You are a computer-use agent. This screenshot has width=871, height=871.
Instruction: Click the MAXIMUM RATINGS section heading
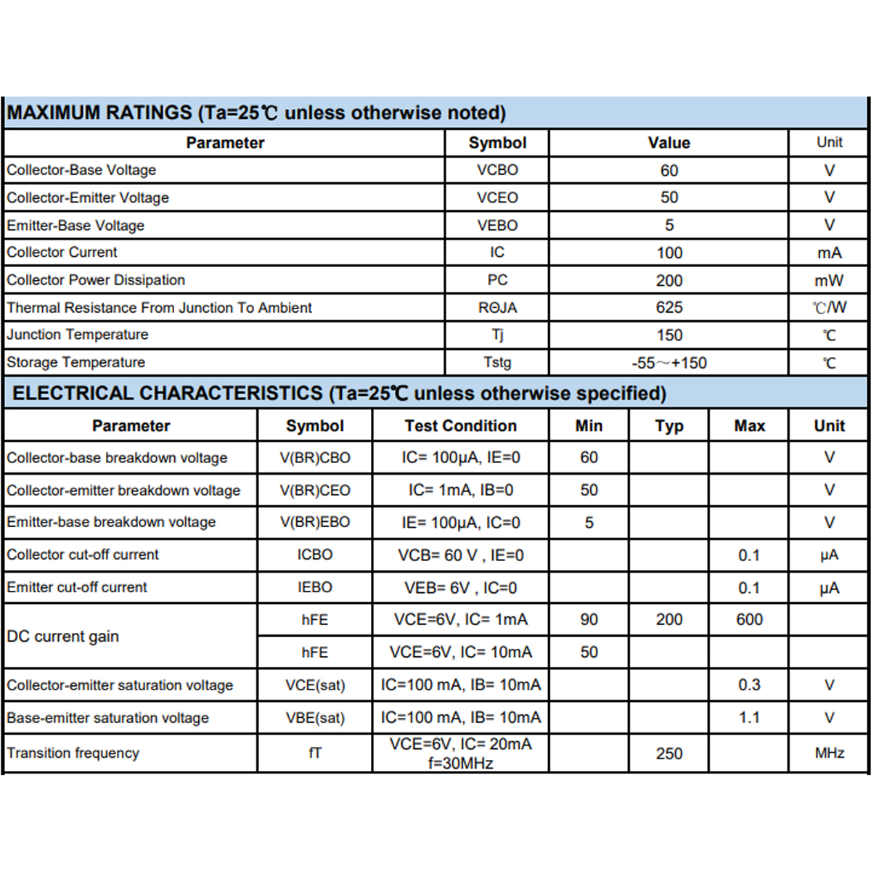pyautogui.click(x=256, y=113)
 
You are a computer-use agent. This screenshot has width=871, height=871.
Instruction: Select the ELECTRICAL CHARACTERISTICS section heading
pyautogui.click(x=339, y=393)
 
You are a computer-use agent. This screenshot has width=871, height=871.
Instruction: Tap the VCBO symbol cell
pyautogui.click(x=497, y=170)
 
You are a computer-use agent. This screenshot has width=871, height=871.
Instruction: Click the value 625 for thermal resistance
pyautogui.click(x=668, y=308)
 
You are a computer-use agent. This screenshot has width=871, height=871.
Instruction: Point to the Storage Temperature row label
pyautogui.click(x=76, y=362)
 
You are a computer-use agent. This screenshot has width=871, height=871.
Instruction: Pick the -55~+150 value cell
pyautogui.click(x=668, y=363)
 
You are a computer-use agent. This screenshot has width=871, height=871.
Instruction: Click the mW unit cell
pyautogui.click(x=829, y=280)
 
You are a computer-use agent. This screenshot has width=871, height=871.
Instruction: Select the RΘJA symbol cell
pyautogui.click(x=497, y=308)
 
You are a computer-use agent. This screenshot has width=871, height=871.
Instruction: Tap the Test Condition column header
pyautogui.click(x=460, y=426)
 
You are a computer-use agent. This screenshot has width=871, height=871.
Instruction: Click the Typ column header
pyautogui.click(x=668, y=426)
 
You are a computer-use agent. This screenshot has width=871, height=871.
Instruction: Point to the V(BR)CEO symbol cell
pyautogui.click(x=315, y=491)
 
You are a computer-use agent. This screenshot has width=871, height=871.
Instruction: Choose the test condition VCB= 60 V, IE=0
pyautogui.click(x=460, y=555)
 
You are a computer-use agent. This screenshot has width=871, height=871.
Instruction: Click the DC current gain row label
pyautogui.click(x=63, y=637)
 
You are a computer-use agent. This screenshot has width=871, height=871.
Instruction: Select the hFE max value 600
pyautogui.click(x=749, y=620)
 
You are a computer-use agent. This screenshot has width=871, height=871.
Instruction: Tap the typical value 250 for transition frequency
pyautogui.click(x=668, y=753)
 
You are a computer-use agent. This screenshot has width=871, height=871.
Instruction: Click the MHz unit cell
pyautogui.click(x=829, y=753)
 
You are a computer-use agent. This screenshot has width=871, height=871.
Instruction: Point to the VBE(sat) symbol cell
pyautogui.click(x=315, y=718)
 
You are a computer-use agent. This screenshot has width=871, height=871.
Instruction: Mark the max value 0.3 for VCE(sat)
pyautogui.click(x=749, y=685)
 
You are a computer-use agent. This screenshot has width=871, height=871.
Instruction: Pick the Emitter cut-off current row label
pyautogui.click(x=77, y=587)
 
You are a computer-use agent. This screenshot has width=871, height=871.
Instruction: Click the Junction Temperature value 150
pyautogui.click(x=668, y=335)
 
